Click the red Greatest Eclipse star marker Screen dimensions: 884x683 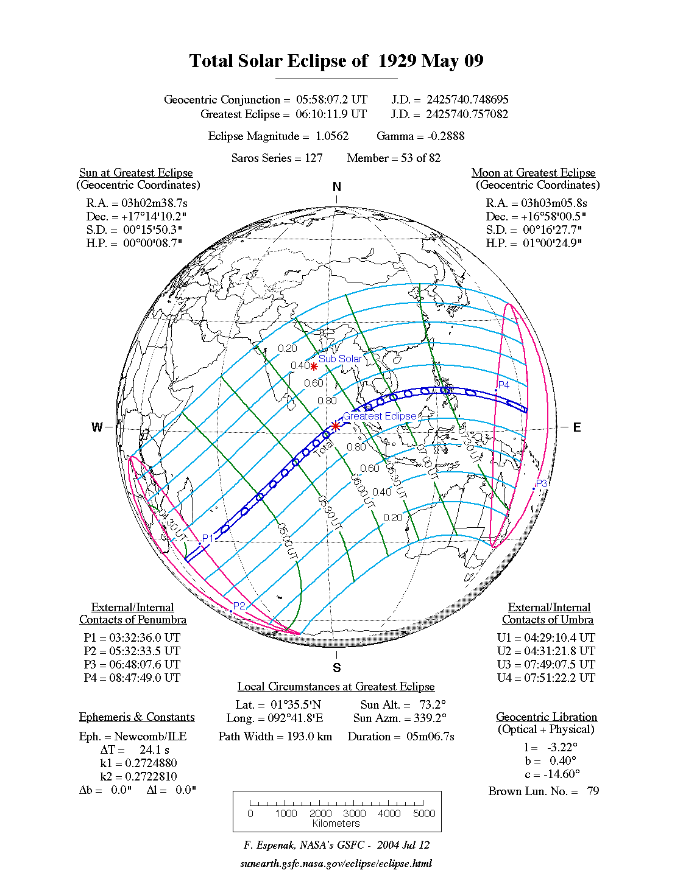[336, 426]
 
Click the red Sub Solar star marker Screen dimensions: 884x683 [314, 367]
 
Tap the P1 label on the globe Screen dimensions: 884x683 [208, 538]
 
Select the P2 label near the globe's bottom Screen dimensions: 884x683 [239, 606]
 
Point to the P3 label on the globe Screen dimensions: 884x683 [542, 483]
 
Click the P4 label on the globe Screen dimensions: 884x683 [503, 385]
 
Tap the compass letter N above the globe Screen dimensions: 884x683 [337, 188]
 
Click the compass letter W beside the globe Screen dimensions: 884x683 [97, 427]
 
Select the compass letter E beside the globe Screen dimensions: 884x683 [577, 427]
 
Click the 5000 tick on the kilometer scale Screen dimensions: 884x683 [424, 813]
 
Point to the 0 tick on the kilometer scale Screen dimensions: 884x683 [250, 813]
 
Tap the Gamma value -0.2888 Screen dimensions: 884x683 [446, 136]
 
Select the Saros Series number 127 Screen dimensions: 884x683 [314, 158]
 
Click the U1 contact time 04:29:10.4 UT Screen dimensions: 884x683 [559, 638]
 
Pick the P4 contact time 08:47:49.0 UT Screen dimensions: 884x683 [144, 678]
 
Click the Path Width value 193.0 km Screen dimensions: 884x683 [310, 737]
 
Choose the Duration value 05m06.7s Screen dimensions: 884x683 [431, 737]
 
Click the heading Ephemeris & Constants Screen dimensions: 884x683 [137, 717]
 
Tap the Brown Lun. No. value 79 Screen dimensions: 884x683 [593, 791]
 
